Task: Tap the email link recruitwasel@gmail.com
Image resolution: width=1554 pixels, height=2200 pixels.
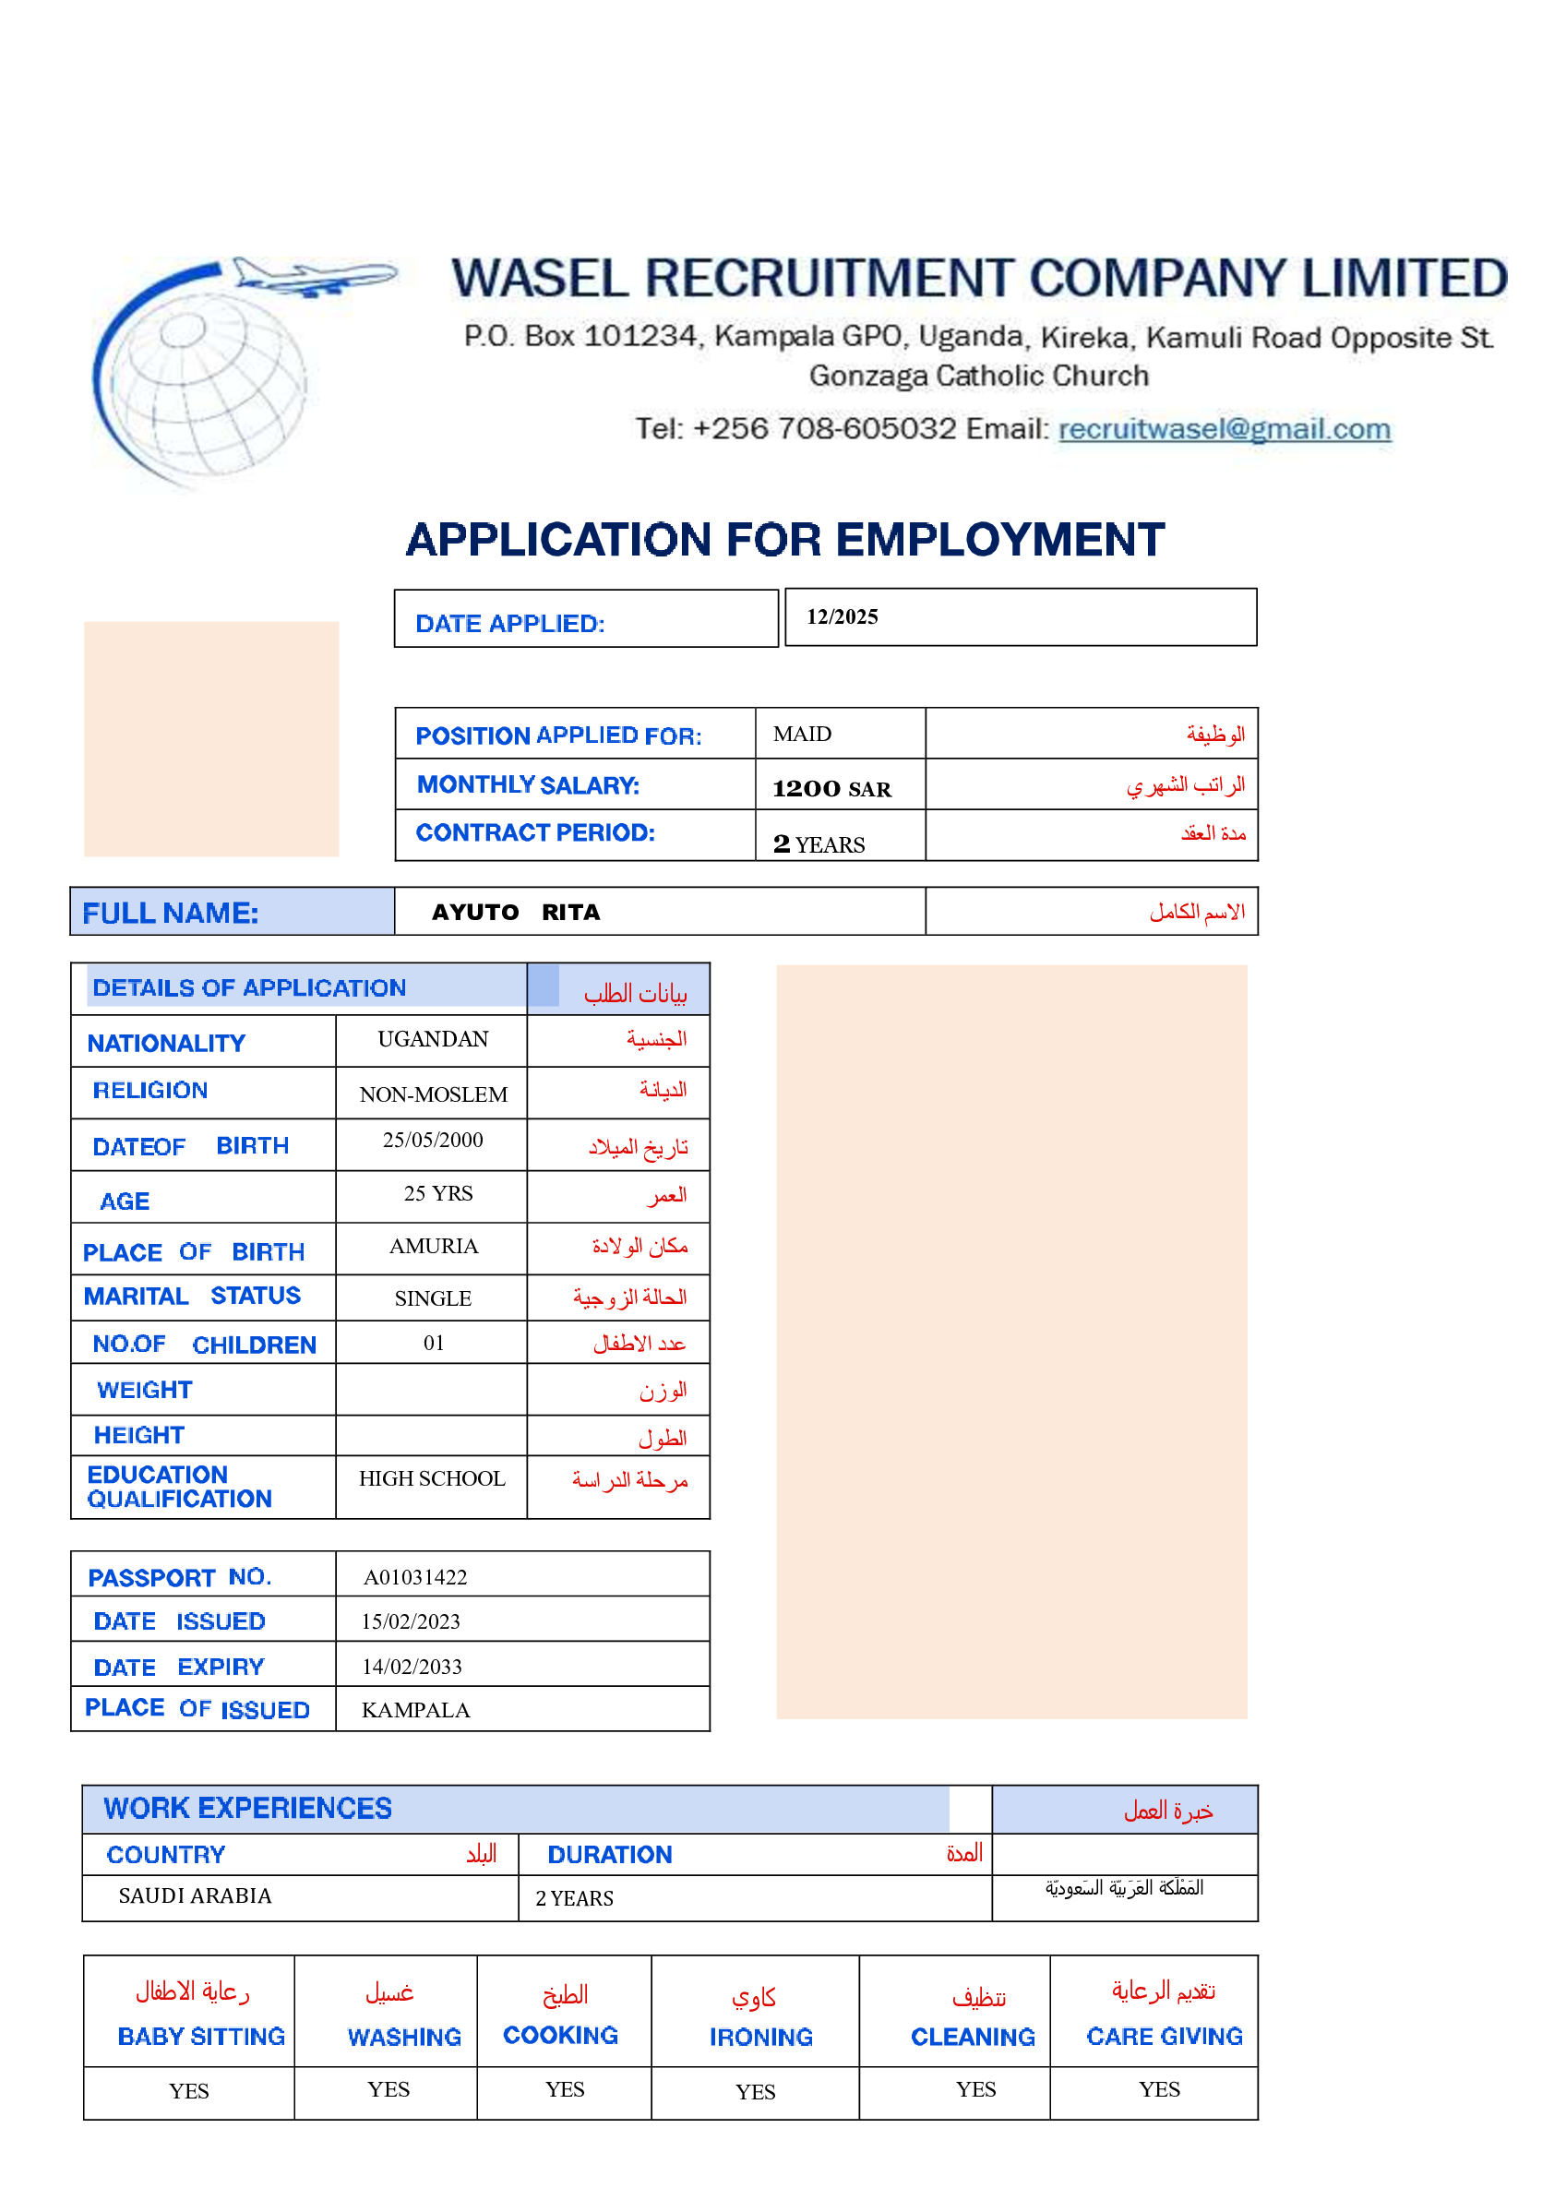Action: click(x=1224, y=428)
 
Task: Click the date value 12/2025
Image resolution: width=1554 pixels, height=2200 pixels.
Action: click(x=842, y=617)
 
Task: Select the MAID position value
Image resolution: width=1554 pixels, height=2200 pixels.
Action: click(x=802, y=734)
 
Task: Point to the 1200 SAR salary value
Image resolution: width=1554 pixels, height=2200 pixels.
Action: click(x=831, y=789)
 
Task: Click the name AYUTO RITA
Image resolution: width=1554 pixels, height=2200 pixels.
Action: click(x=516, y=912)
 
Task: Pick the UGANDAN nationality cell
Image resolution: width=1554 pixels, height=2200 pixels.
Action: click(x=433, y=1040)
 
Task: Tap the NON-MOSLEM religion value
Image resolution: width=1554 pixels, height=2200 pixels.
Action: click(x=433, y=1094)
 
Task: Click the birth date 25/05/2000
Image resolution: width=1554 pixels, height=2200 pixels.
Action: click(x=433, y=1141)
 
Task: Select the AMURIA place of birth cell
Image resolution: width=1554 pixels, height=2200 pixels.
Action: click(x=433, y=1247)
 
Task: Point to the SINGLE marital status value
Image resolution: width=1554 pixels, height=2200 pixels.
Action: click(x=433, y=1299)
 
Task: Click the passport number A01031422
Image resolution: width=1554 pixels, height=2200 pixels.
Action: click(x=415, y=1577)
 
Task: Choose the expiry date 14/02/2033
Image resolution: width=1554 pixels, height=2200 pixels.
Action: click(x=412, y=1668)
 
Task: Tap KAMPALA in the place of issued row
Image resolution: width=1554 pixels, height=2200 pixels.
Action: click(x=416, y=1710)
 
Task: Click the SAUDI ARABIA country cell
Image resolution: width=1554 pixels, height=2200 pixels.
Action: click(x=196, y=1896)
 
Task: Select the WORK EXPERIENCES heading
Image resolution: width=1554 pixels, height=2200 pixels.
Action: click(x=248, y=1808)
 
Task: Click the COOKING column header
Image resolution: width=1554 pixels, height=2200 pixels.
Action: click(x=560, y=2035)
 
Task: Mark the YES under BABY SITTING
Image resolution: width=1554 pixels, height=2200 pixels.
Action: click(x=189, y=2092)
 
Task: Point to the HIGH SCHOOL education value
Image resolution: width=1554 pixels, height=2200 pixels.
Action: click(x=432, y=1479)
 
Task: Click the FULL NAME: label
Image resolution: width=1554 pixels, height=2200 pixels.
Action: click(x=171, y=914)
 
